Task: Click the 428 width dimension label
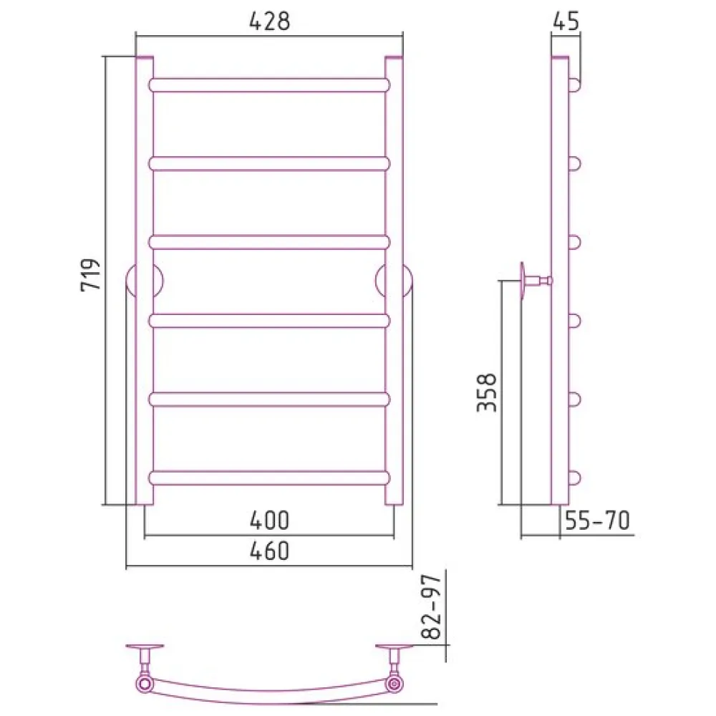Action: (269, 21)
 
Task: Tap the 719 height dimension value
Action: (90, 275)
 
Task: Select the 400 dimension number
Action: (269, 520)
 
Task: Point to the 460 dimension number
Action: (269, 551)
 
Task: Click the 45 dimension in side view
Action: (566, 21)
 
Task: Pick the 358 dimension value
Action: (487, 392)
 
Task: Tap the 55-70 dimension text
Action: (597, 520)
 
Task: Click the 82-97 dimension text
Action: (431, 606)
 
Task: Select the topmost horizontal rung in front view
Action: (269, 85)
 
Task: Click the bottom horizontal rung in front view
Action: (269, 478)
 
